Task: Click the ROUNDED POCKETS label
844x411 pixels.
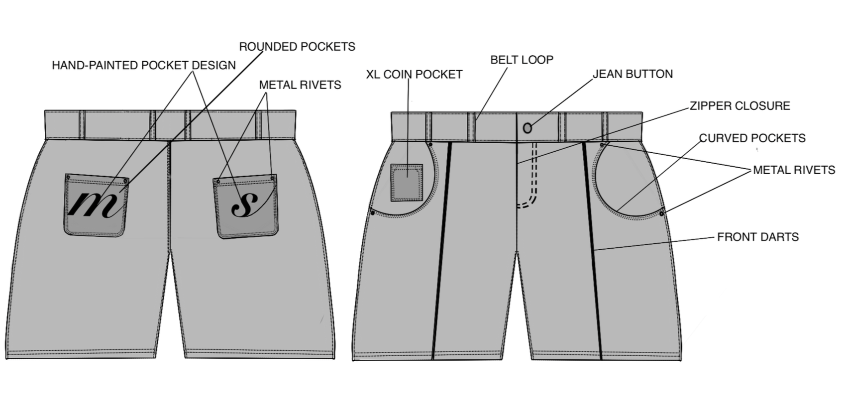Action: click(297, 47)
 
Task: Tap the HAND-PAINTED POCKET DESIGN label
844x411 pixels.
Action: click(144, 65)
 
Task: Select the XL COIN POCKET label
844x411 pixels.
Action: click(414, 75)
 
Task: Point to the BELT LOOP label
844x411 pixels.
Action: click(522, 60)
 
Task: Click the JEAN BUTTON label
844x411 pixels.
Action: click(633, 74)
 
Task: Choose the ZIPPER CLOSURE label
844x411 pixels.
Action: click(739, 106)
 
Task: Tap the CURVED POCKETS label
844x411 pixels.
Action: click(752, 138)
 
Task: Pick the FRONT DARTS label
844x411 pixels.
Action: click(757, 237)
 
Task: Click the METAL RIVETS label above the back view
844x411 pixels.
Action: click(300, 85)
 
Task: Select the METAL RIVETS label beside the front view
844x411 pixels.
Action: click(794, 170)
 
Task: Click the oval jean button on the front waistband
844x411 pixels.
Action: click(527, 128)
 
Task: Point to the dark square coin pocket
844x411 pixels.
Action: click(407, 183)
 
